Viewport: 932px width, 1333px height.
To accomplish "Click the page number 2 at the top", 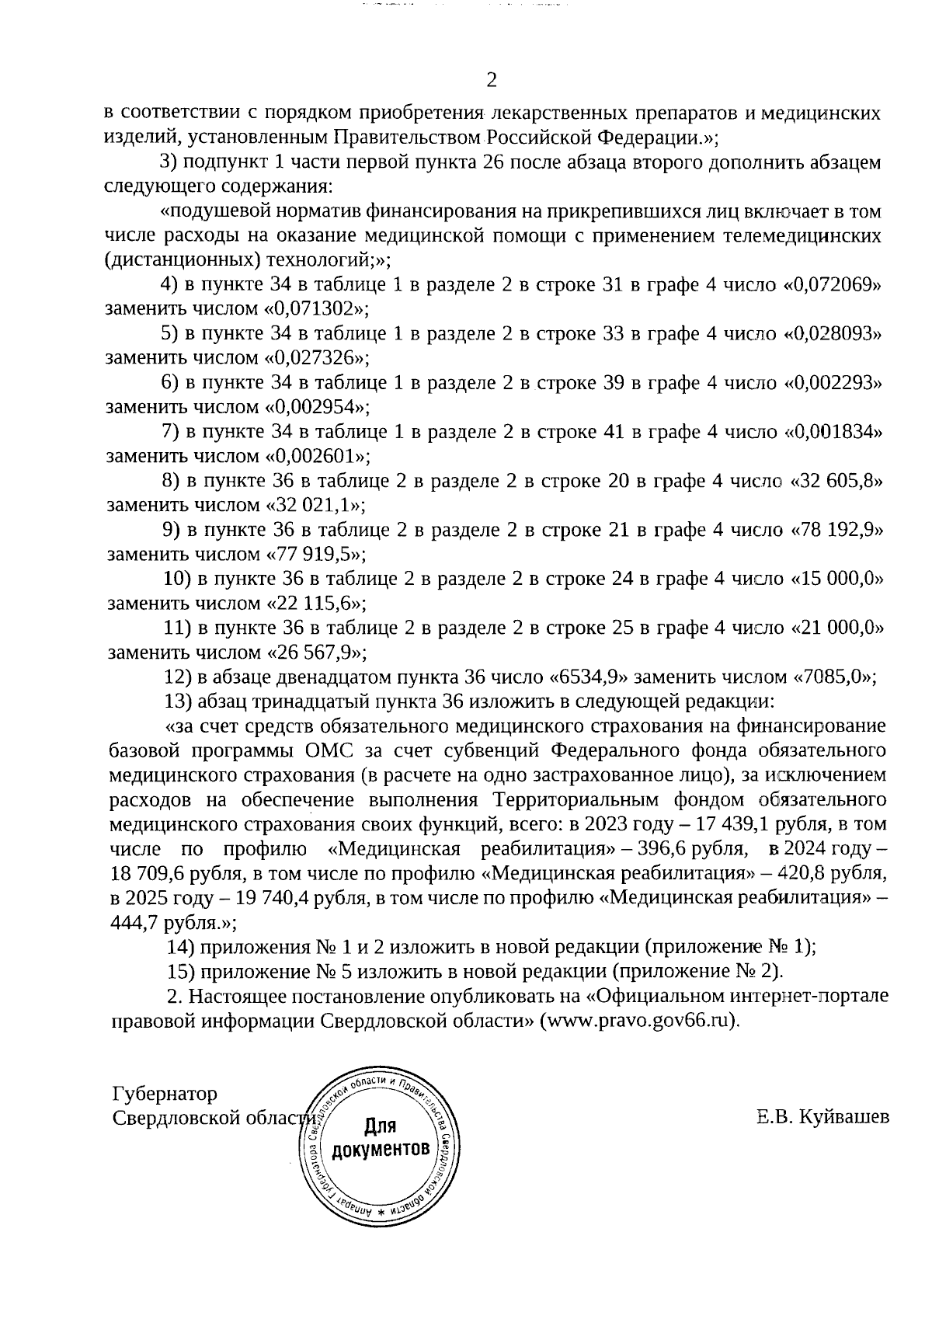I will pos(490,80).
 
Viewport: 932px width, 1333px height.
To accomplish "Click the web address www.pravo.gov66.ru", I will pos(639,1020).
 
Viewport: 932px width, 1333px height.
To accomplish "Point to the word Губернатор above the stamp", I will pos(165,1094).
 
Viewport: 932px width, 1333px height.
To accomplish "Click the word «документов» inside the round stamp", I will pos(381,1149).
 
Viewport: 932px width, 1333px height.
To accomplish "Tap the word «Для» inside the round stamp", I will pos(380,1126).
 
